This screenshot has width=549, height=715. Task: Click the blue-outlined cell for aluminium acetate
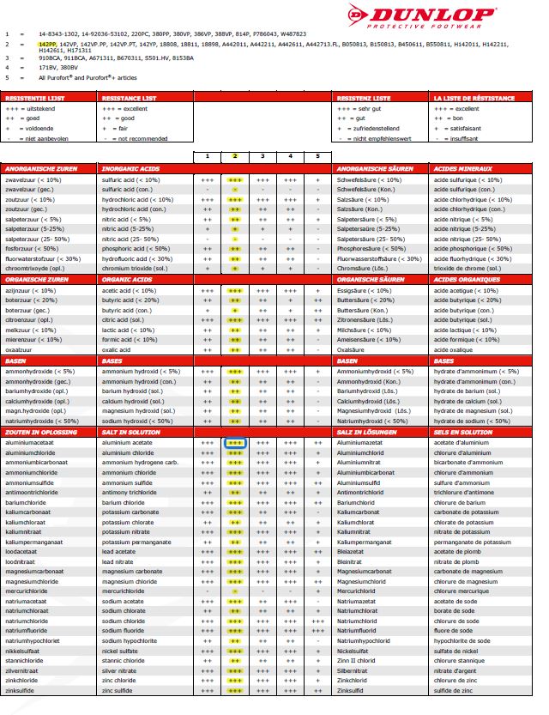234,443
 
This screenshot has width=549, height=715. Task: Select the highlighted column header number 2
234,156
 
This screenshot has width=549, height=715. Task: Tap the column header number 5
317,156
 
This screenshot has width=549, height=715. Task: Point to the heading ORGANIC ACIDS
127,279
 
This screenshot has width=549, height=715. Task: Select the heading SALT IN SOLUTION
130,433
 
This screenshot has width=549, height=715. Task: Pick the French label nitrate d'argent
458,670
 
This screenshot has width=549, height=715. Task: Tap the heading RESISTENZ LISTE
364,99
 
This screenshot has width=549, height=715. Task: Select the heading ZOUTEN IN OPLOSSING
41,433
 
